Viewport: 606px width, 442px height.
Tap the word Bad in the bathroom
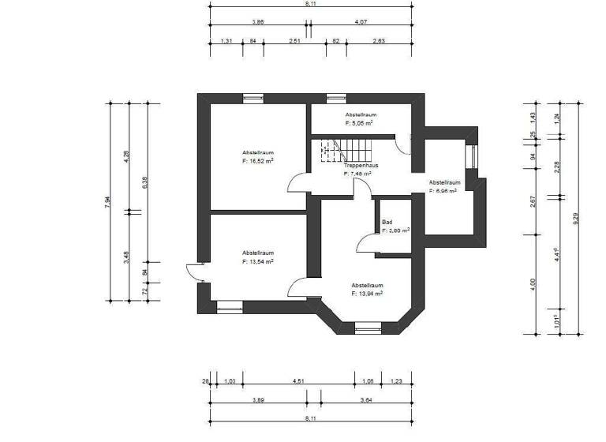[x=387, y=223]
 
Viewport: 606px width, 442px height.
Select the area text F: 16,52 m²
[x=258, y=160]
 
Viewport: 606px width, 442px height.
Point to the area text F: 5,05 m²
[x=360, y=124]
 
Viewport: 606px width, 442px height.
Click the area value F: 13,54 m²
[x=258, y=260]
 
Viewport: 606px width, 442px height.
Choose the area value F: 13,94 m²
[x=367, y=293]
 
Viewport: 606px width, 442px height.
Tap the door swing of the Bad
[x=366, y=243]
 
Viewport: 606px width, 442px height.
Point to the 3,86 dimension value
[x=257, y=23]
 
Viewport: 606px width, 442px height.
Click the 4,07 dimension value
[x=361, y=23]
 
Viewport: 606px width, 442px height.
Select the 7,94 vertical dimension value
[x=108, y=202]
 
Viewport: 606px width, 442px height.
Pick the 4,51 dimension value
[x=299, y=381]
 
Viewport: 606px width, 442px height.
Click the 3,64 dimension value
[x=367, y=401]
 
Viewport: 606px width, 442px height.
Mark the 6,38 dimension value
[x=143, y=182]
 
